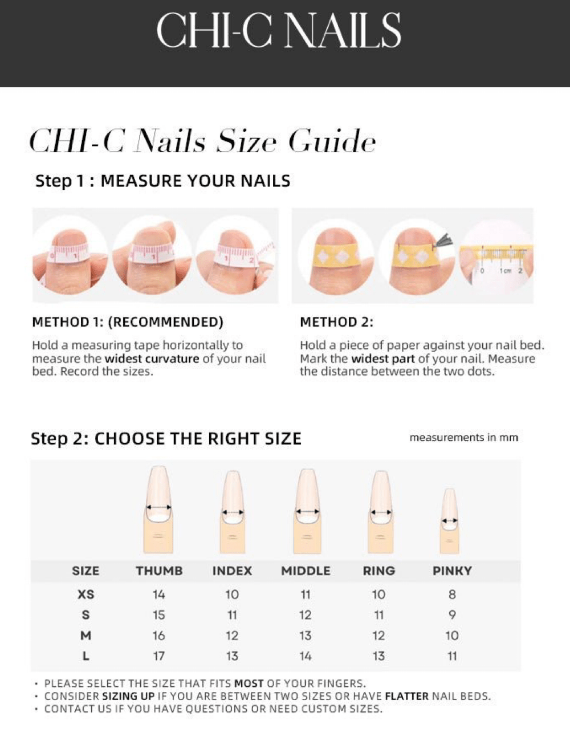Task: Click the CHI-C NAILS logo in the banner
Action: [279, 31]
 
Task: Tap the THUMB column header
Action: [159, 571]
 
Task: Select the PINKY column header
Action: [452, 571]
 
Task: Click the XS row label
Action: [85, 595]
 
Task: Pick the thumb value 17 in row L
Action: [159, 656]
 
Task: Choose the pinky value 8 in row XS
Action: [452, 595]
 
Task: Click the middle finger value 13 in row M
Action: [306, 636]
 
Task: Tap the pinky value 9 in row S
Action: [452, 615]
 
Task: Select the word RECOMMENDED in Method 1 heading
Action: [165, 322]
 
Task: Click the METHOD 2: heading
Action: [336, 322]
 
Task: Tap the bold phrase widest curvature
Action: [152, 359]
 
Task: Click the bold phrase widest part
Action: [383, 359]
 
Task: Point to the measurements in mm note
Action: [463, 438]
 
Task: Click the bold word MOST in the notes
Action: [249, 683]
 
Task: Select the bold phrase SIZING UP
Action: [128, 696]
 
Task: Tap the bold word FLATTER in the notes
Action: [406, 696]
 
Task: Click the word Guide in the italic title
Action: [331, 141]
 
